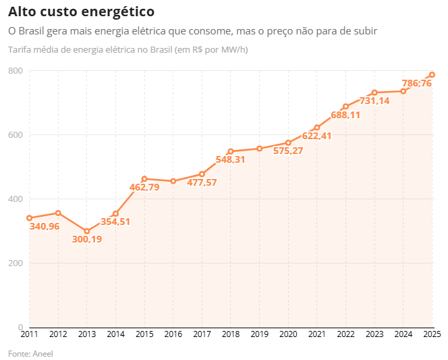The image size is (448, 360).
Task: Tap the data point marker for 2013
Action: click(x=87, y=231)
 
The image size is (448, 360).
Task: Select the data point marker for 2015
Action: click(x=144, y=179)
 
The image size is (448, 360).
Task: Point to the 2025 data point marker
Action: click(x=432, y=75)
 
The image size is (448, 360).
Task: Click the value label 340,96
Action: click(x=45, y=226)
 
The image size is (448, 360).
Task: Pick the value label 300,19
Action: click(x=87, y=239)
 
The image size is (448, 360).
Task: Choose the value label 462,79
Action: click(x=144, y=187)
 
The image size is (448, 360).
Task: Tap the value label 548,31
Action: click(x=230, y=159)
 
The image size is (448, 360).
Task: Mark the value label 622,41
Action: click(x=317, y=136)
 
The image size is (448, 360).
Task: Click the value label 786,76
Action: click(x=417, y=83)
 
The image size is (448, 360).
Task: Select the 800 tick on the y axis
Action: click(x=16, y=71)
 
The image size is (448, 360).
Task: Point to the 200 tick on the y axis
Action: click(x=16, y=263)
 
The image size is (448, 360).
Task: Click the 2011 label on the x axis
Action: click(x=29, y=334)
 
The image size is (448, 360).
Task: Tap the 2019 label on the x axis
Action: click(x=259, y=334)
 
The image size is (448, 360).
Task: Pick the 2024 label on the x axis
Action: click(x=403, y=334)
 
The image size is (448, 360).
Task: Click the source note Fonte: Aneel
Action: click(x=30, y=353)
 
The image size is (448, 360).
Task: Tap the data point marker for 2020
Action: click(x=288, y=143)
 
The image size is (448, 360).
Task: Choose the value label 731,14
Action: click(x=374, y=101)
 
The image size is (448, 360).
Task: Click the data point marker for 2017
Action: click(x=202, y=174)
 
